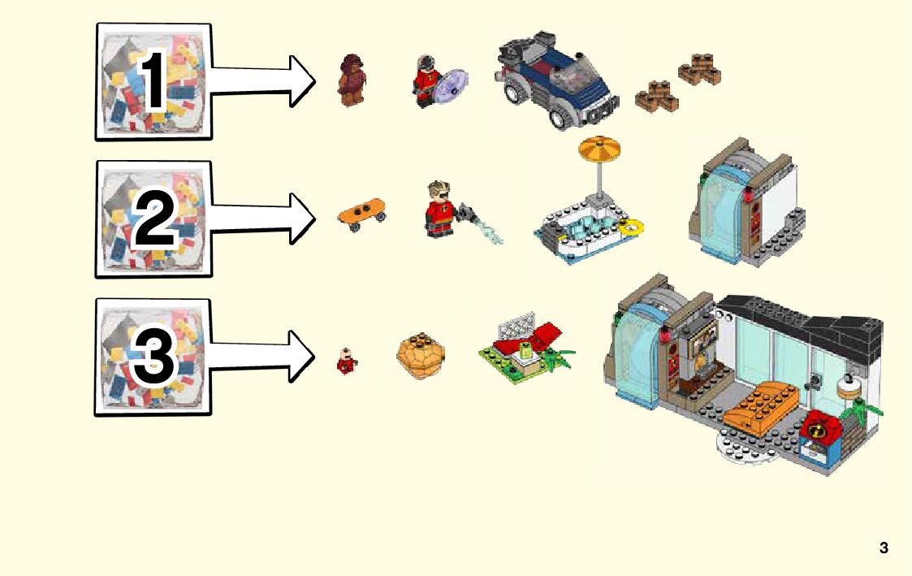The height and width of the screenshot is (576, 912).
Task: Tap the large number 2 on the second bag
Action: [154, 219]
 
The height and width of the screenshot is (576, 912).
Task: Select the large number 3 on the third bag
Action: [154, 357]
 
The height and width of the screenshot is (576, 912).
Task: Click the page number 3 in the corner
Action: [884, 548]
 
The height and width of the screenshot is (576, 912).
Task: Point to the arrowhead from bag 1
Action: [302, 81]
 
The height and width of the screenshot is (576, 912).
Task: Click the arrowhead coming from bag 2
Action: [302, 218]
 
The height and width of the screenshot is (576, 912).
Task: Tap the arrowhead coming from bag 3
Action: [302, 356]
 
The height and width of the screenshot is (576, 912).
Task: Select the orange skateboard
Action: [361, 214]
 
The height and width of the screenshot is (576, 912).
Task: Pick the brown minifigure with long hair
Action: [352, 80]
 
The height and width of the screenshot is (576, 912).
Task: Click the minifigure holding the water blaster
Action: [440, 210]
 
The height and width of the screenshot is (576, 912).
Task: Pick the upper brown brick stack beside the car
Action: [699, 69]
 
